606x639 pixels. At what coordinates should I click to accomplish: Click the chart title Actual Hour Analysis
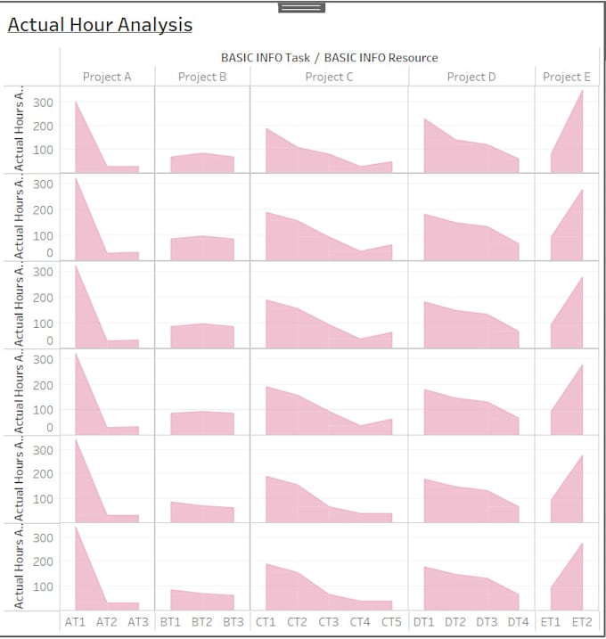click(100, 25)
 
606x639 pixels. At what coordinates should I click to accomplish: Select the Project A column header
click(107, 77)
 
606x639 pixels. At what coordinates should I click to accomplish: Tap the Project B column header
click(202, 77)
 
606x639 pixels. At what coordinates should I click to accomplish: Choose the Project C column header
click(329, 77)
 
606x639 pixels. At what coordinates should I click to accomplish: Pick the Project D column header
click(471, 77)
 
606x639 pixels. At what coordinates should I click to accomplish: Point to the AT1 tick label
click(76, 621)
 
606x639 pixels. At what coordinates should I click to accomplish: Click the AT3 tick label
click(138, 621)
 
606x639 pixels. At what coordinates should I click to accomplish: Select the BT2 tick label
click(202, 621)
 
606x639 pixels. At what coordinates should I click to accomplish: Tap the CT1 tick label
click(266, 621)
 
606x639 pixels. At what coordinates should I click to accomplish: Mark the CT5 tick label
click(392, 621)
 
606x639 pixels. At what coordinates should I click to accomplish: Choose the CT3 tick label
click(329, 621)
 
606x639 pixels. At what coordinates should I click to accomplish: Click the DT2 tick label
click(455, 621)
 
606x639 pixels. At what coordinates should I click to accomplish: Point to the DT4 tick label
click(518, 621)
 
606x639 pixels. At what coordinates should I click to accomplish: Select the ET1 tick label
click(551, 621)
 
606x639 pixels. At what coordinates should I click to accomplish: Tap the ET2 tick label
click(582, 621)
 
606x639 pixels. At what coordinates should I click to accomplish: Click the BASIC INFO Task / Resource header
click(329, 58)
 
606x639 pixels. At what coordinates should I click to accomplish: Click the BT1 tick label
click(171, 621)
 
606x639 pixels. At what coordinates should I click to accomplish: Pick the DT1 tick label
click(424, 621)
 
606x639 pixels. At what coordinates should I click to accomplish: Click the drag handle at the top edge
click(301, 7)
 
